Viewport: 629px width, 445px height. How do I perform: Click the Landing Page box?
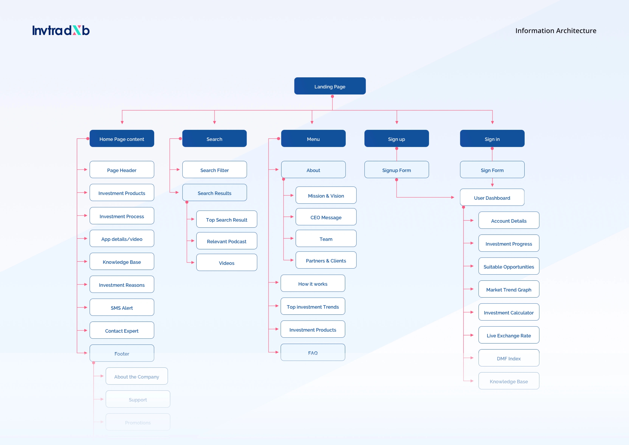point(330,86)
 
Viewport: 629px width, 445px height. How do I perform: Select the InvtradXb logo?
point(61,30)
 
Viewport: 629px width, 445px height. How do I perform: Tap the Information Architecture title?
point(556,31)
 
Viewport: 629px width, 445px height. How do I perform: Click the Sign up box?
point(396,139)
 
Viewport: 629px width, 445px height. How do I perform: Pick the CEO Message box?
point(326,217)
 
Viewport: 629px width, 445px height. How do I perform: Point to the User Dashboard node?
point(492,197)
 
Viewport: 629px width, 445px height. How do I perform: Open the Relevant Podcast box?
point(226,241)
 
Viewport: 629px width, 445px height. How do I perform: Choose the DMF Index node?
point(509,358)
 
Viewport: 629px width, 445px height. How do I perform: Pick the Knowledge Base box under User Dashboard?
point(509,381)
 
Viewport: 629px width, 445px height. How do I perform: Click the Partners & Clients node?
point(326,260)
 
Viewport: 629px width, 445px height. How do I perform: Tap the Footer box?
point(122,353)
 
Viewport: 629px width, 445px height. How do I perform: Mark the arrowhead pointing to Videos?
point(193,263)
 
